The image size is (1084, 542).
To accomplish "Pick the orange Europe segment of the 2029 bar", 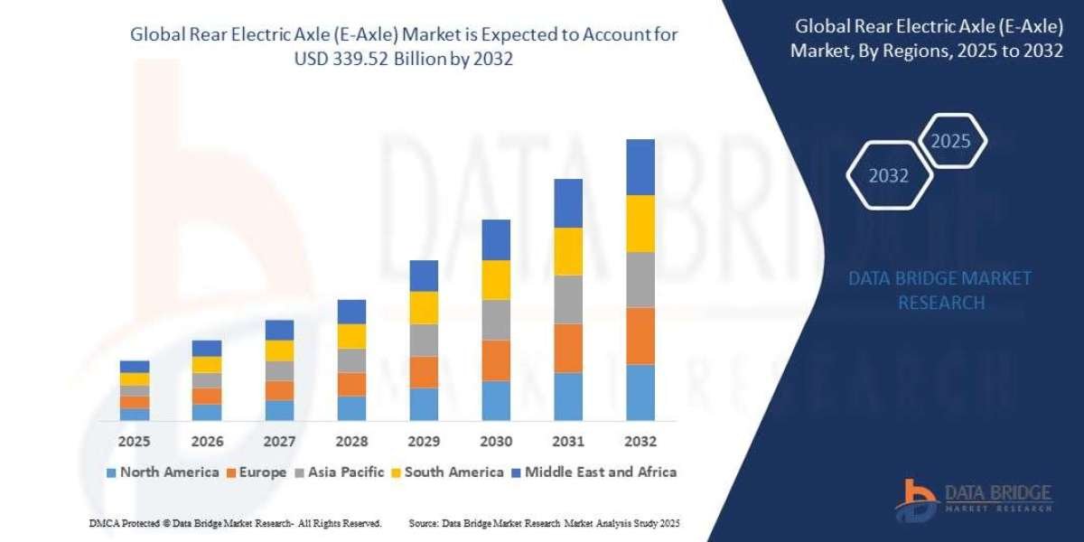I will [x=424, y=372].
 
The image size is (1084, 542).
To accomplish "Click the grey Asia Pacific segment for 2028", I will [x=351, y=360].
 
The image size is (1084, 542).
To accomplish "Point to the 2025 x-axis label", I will [x=135, y=442].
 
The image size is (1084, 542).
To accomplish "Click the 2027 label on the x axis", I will [x=279, y=442].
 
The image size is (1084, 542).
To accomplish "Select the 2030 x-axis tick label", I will [x=496, y=442].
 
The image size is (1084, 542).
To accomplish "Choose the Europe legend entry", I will [x=257, y=472].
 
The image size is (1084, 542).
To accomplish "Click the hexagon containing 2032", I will [x=889, y=176].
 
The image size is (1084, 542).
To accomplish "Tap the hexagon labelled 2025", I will [x=950, y=141].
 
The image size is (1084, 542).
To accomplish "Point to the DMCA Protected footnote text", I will [x=235, y=523].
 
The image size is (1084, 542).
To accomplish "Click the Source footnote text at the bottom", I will [x=544, y=523].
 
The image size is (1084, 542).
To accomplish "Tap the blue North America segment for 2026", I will [x=207, y=412].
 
